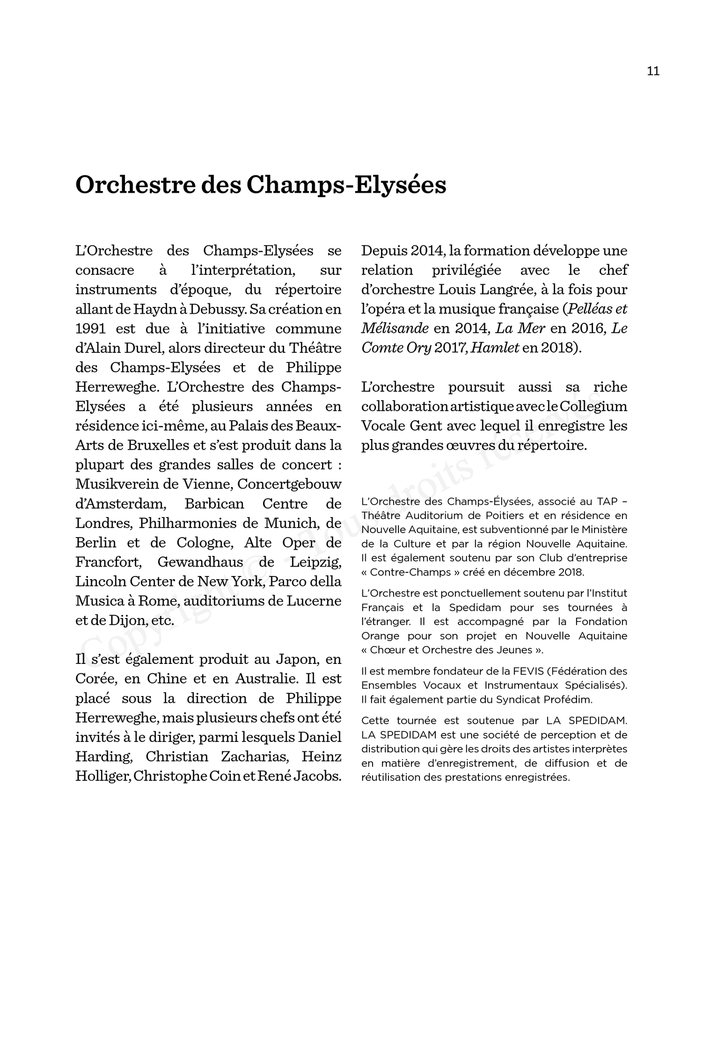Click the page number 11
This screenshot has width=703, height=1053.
(x=653, y=71)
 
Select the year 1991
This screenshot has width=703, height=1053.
(x=91, y=329)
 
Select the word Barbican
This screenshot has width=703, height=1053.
(x=214, y=504)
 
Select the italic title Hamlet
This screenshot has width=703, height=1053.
(x=495, y=348)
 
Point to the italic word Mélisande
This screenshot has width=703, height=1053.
(x=395, y=329)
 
